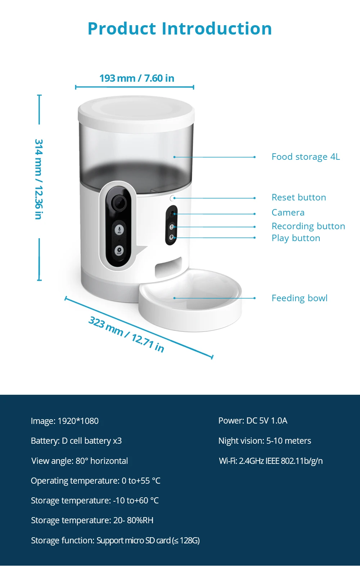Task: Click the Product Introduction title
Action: (180, 29)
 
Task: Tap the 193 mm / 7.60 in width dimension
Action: (137, 78)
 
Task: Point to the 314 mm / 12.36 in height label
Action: (39, 179)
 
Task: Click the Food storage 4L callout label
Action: (306, 157)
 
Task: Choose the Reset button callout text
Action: (299, 198)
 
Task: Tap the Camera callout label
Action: (288, 213)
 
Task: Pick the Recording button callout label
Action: (308, 226)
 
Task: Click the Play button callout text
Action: (296, 238)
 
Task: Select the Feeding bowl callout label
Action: (300, 298)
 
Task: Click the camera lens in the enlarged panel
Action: (119, 203)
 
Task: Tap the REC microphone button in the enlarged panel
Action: (119, 230)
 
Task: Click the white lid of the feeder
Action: (136, 110)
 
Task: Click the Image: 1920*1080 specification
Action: (65, 421)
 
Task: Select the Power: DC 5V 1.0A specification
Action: (253, 421)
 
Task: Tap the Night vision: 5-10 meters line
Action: (265, 441)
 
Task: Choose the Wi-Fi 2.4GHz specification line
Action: (271, 461)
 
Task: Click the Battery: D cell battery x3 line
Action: (76, 441)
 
